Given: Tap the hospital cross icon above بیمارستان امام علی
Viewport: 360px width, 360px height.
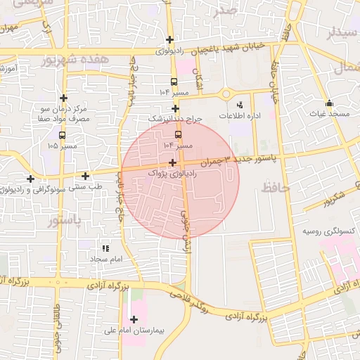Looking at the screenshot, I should click(x=134, y=320).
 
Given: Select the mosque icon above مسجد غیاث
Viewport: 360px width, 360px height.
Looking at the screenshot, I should click(x=329, y=103).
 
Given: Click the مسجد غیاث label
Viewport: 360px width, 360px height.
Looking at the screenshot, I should click(x=328, y=113).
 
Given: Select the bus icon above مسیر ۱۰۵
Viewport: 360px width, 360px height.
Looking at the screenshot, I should click(x=62, y=135).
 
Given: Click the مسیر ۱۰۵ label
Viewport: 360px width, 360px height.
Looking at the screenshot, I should click(x=63, y=146).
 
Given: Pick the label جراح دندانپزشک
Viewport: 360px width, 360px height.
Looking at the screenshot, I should click(x=176, y=119).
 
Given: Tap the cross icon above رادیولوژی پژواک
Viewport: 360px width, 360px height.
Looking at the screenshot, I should click(x=172, y=162).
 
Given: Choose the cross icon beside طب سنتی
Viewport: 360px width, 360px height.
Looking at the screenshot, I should click(x=86, y=176).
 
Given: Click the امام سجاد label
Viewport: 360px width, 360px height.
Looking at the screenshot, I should click(x=106, y=259).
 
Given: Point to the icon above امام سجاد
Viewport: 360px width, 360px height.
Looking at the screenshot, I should click(x=105, y=248).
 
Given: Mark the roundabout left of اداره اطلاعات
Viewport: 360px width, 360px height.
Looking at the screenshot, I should click(x=226, y=94).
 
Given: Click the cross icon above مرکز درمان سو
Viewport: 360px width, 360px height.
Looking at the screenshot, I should click(x=64, y=98).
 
